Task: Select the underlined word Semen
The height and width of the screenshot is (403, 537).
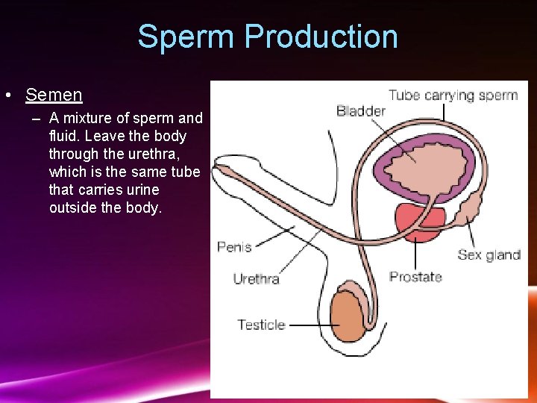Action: pos(54,95)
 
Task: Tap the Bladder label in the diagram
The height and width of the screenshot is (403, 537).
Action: pos(361,111)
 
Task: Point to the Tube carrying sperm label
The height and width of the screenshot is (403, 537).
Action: pos(453,95)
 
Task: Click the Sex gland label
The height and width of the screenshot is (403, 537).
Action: pos(489,254)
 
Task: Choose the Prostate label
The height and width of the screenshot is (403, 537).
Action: pos(415,276)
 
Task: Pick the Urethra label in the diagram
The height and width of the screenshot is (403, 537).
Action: pos(256,279)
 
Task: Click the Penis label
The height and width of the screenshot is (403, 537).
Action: pos(234,246)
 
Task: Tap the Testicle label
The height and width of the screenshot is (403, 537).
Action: pos(261,325)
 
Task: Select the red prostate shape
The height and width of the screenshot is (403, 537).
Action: pos(419,219)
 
